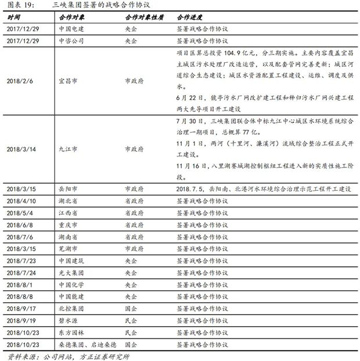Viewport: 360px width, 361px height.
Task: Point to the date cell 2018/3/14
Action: pos(21,149)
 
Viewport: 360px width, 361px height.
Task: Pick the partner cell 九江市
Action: pos(68,149)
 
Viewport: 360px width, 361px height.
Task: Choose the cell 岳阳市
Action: pos(68,189)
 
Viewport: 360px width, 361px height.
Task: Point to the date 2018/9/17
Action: pos(21,309)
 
